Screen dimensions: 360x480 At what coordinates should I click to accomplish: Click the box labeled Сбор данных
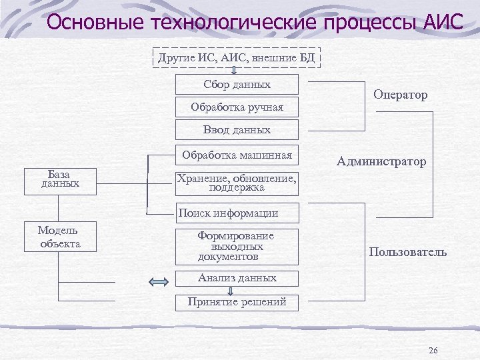coord(237,85)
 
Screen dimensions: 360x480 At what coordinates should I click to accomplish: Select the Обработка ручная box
coord(237,107)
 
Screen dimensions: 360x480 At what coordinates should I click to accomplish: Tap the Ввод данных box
coord(237,129)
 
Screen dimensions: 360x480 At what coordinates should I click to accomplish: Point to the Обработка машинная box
coord(237,156)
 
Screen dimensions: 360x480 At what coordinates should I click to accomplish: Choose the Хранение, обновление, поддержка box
coord(237,183)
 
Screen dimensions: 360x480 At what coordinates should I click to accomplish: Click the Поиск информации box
coord(237,213)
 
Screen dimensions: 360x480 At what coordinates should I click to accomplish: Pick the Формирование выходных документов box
coord(237,246)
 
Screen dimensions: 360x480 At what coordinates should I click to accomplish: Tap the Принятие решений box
coord(237,302)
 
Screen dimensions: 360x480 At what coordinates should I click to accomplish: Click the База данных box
coord(60,181)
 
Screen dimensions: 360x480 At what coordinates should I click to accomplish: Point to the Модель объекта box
coord(60,237)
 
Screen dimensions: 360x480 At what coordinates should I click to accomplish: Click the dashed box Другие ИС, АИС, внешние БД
coord(237,58)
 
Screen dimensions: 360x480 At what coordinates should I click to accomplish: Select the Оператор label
coord(401,95)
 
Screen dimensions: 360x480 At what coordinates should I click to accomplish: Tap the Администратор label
coord(381,161)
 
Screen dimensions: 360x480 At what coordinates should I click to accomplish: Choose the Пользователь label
coord(407,253)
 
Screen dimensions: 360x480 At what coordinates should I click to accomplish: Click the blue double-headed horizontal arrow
coord(159,283)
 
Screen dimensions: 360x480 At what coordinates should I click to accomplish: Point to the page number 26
coord(433,351)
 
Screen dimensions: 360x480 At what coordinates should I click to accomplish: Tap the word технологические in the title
coord(235,23)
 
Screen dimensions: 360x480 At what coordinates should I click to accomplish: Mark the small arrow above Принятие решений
coord(231,291)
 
